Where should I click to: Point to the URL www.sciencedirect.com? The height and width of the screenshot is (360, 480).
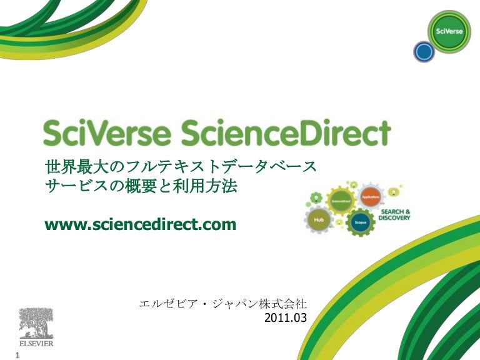141,223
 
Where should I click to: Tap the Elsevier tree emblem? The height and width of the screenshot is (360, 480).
36,322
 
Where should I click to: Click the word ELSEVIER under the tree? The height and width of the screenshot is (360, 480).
36,344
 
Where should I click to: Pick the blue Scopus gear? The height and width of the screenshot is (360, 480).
360,222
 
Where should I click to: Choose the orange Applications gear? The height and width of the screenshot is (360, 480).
371,197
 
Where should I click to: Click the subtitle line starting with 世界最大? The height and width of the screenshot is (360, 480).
182,167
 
